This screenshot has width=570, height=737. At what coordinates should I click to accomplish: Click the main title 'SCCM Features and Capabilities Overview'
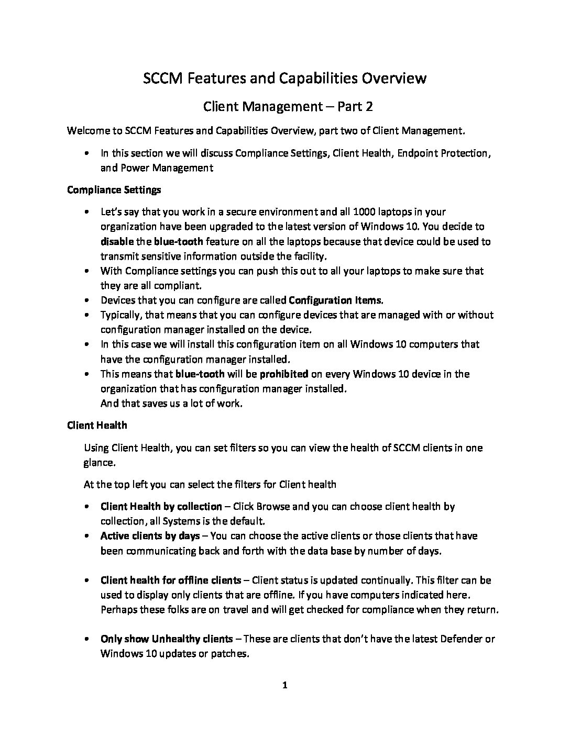coord(285,79)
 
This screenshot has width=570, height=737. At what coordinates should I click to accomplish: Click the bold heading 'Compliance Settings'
coord(114,189)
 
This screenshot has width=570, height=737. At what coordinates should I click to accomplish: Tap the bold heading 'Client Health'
coord(97,425)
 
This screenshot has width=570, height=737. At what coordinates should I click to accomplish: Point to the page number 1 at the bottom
coord(284,685)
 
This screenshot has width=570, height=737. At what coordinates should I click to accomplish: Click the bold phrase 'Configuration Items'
coord(335,300)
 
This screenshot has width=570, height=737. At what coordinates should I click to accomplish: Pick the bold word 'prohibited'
coord(284,374)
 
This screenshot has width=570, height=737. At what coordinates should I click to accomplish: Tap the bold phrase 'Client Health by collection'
coord(161,506)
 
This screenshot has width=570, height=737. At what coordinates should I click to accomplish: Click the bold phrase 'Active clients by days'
coord(150,535)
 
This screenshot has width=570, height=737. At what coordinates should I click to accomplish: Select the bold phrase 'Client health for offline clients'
coord(171,580)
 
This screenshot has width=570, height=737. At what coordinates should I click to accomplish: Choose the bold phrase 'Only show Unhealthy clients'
coord(167,639)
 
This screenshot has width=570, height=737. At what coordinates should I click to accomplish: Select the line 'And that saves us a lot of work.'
coord(171,404)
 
